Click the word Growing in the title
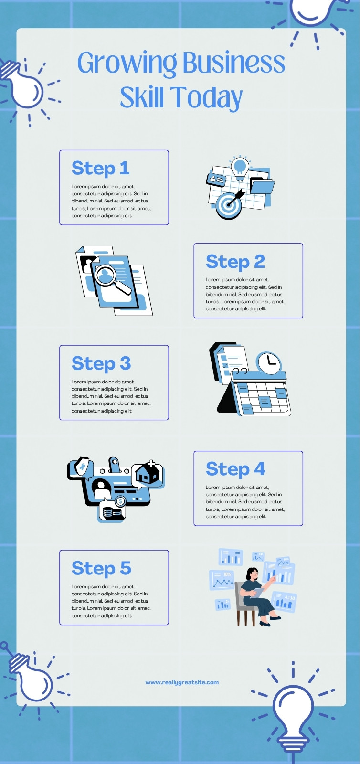pyautogui.click(x=127, y=63)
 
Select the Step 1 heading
pyautogui.click(x=101, y=168)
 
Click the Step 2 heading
pyautogui.click(x=235, y=262)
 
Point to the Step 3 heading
pyautogui.click(x=101, y=363)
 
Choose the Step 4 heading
pyautogui.click(x=235, y=469)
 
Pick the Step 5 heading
pyautogui.click(x=101, y=568)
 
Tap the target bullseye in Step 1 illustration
pyautogui.click(x=228, y=205)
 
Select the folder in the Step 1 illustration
pyautogui.click(x=262, y=186)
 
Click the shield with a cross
pyautogui.click(x=82, y=467)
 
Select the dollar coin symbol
pyautogui.click(x=120, y=501)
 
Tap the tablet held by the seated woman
pyautogui.click(x=257, y=593)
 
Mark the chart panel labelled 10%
pyautogui.click(x=222, y=580)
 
